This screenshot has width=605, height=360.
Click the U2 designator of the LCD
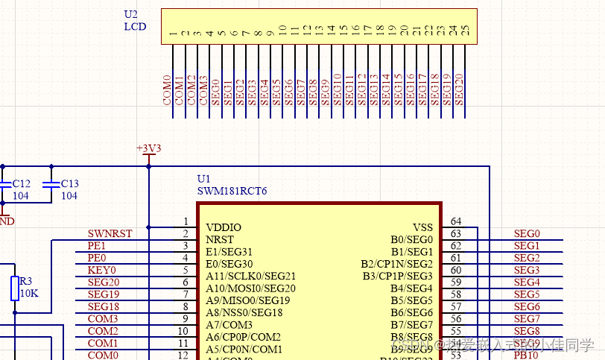pyautogui.click(x=130, y=14)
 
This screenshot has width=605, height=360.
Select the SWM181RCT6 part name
pyautogui.click(x=232, y=192)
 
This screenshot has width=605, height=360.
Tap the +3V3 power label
pyautogui.click(x=148, y=148)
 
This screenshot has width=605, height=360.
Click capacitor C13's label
pyautogui.click(x=69, y=183)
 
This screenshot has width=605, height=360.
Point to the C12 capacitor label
pyautogui.click(x=21, y=183)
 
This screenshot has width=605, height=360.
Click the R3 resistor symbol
pyautogui.click(x=15, y=288)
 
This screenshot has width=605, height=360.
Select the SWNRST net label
pyautogui.click(x=110, y=233)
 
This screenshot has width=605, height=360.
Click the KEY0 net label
pyautogui.click(x=101, y=270)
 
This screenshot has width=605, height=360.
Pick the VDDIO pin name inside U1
pyautogui.click(x=223, y=227)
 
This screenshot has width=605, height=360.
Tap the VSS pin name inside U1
pyautogui.click(x=422, y=227)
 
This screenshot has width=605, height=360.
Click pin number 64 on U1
pyautogui.click(x=455, y=221)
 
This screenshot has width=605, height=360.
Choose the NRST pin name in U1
pyautogui.click(x=219, y=239)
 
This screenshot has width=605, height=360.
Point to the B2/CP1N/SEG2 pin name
pyautogui.click(x=396, y=264)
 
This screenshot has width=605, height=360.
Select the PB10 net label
pyautogui.click(x=526, y=356)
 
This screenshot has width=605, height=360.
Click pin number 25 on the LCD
pyautogui.click(x=466, y=31)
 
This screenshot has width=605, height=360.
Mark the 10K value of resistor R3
pyautogui.click(x=29, y=293)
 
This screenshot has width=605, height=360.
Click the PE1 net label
pyautogui.click(x=97, y=245)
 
